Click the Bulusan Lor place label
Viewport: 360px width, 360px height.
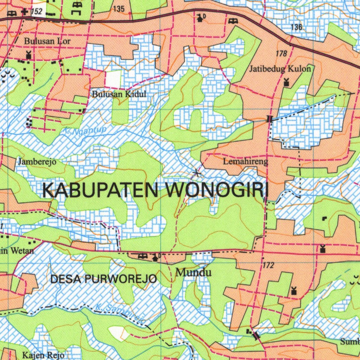coord(47,41)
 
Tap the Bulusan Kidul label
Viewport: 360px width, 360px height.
coord(119,94)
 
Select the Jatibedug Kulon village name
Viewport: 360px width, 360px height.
coord(280,69)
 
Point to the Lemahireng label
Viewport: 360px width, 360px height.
coord(245,162)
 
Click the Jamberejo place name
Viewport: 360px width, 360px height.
coord(37,162)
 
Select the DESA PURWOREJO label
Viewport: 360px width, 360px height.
coord(104,279)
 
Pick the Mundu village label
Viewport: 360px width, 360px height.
coord(193,272)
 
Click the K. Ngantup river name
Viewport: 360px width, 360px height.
coord(85,131)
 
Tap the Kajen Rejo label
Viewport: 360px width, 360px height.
coord(43,355)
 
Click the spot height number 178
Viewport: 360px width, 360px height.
coord(282,53)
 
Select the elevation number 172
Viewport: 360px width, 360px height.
coord(268,265)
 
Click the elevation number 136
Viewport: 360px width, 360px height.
coord(296,27)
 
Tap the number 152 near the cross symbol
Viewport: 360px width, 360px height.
coord(37,12)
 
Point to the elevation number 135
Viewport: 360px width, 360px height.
coord(119,9)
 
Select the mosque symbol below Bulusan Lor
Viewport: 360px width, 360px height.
coord(28,55)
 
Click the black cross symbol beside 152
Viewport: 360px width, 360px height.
coord(24,12)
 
